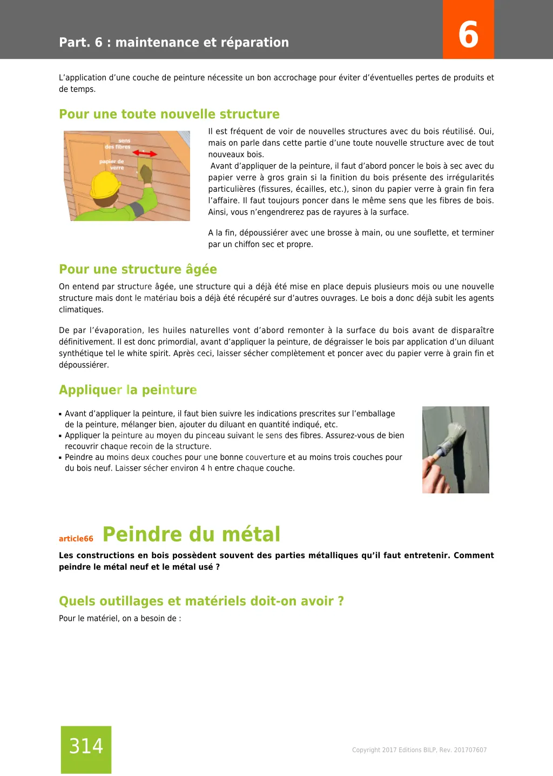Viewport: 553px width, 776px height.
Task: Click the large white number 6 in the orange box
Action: [468, 34]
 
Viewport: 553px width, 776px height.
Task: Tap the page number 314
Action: [86, 746]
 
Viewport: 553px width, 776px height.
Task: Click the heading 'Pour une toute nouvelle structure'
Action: [169, 114]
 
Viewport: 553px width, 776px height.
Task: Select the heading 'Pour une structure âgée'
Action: [138, 269]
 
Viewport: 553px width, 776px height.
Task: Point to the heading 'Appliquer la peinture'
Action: [127, 390]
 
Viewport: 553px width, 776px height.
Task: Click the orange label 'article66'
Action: [76, 538]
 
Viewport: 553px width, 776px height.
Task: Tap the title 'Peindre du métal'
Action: [191, 534]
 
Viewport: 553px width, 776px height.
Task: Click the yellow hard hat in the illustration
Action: [105, 184]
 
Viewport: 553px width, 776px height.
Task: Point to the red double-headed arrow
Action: [145, 153]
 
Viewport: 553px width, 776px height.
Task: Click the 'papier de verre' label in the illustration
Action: [112, 164]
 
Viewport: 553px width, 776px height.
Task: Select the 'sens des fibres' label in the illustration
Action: [118, 144]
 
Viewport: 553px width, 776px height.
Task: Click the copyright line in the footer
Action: [419, 750]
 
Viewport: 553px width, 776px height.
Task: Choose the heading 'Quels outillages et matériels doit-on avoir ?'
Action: [201, 601]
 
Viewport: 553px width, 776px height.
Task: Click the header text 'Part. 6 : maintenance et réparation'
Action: [174, 42]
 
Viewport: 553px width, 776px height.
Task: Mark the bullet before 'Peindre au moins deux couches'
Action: [60, 458]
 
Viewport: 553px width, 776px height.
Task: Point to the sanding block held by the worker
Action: [145, 170]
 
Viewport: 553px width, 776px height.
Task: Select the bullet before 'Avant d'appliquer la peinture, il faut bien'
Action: [60, 414]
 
